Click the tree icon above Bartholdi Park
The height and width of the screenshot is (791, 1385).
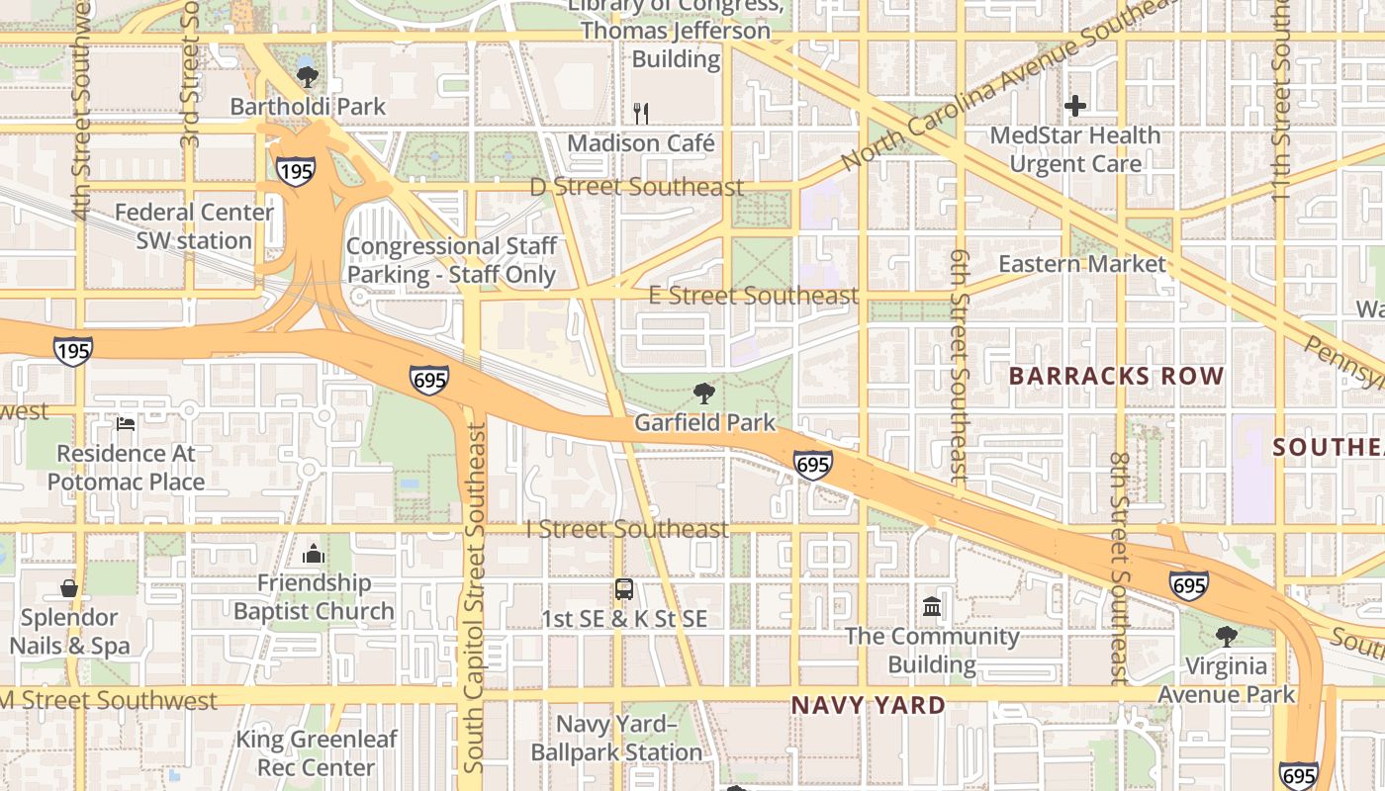(x=308, y=76)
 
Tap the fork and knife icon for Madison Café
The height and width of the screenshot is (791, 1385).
(x=641, y=113)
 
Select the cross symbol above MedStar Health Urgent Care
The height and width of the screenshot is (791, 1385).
(x=1075, y=105)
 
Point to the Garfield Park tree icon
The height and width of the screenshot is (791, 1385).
(x=703, y=394)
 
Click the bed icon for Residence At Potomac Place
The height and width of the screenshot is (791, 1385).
(x=126, y=424)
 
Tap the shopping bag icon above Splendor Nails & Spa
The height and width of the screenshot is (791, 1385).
(x=69, y=588)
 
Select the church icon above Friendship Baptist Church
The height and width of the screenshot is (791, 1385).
(x=314, y=554)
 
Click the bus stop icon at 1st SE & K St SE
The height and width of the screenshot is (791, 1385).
(x=624, y=589)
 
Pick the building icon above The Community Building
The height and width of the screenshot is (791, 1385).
(x=932, y=606)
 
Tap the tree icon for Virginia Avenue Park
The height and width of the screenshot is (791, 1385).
(x=1226, y=636)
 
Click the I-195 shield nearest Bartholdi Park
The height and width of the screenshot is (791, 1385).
(x=296, y=170)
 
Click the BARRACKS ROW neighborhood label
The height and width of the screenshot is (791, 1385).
(x=1116, y=377)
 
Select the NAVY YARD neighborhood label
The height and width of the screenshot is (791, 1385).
(x=868, y=706)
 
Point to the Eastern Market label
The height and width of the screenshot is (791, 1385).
(x=1081, y=264)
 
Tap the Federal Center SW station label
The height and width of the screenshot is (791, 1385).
(x=194, y=226)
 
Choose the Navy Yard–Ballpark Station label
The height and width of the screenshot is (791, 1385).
(x=616, y=739)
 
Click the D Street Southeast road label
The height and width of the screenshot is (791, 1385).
(x=636, y=187)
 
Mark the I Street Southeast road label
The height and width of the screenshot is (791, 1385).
(x=627, y=529)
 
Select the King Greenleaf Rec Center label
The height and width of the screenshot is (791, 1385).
(x=317, y=753)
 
